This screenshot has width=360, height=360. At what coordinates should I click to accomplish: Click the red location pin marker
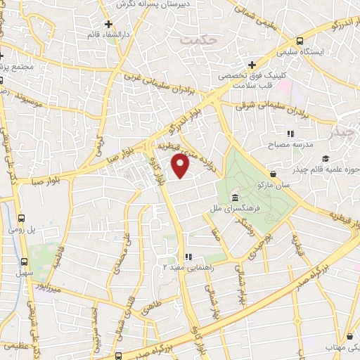point(181,166)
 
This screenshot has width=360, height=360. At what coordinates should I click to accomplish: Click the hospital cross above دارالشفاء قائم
point(108,23)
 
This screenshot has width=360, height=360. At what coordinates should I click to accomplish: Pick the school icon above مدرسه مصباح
point(289,133)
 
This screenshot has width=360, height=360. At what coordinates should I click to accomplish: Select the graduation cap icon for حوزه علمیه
point(325,158)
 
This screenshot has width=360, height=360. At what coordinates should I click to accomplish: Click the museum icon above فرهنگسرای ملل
point(233,198)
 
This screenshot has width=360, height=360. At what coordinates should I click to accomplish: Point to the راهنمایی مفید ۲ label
point(186,266)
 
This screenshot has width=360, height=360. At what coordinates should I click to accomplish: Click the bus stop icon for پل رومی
point(22,219)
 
